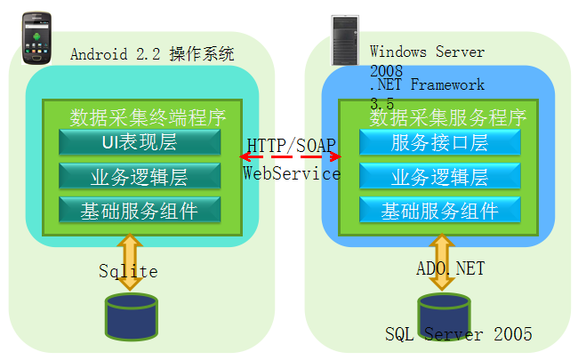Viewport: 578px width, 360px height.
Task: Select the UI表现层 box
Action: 140,142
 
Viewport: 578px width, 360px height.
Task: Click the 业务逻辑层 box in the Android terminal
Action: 140,176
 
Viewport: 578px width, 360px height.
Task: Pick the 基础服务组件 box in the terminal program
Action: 140,211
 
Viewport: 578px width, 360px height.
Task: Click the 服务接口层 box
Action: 439,142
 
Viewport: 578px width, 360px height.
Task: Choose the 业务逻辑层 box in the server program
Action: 439,176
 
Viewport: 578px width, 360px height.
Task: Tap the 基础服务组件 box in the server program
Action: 439,211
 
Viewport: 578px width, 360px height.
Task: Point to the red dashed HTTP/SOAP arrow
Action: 291,157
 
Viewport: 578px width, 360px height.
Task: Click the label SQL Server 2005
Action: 459,335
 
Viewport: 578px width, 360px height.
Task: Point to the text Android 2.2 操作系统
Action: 152,54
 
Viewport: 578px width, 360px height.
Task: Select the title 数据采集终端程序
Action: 148,116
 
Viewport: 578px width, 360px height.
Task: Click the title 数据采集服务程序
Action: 448,116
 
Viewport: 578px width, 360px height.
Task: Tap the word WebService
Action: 292,173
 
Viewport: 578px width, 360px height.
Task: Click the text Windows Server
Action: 428,52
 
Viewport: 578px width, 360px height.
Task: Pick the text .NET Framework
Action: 428,85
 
